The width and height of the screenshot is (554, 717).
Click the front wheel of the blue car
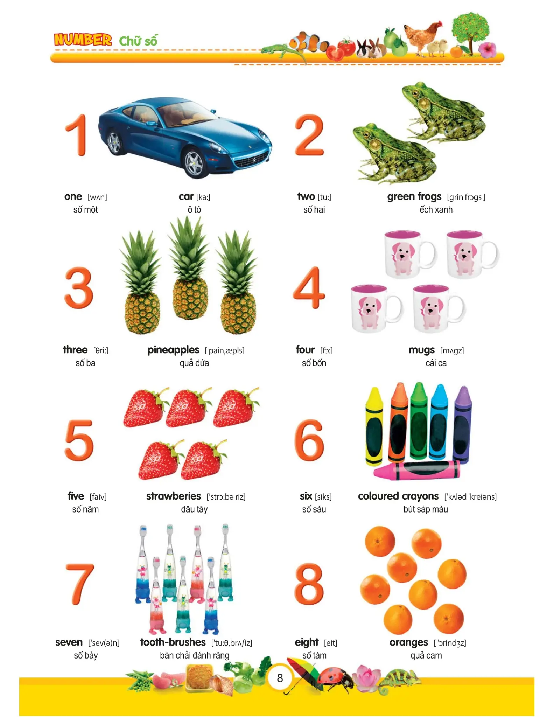pyautogui.click(x=194, y=163)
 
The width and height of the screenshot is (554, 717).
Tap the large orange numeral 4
pyautogui.click(x=309, y=288)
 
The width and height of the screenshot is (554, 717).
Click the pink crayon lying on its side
pyautogui.click(x=417, y=471)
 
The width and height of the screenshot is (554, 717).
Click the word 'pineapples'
pyautogui.click(x=173, y=350)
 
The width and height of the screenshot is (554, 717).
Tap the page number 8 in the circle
pyautogui.click(x=280, y=678)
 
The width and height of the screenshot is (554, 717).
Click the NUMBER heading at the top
pyautogui.click(x=83, y=40)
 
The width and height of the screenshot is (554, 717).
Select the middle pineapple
pyautogui.click(x=189, y=268)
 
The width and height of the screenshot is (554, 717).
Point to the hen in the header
pyautogui.click(x=423, y=36)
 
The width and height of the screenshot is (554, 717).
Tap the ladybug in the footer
pyautogui.click(x=337, y=678)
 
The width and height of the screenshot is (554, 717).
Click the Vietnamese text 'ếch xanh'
pyautogui.click(x=436, y=209)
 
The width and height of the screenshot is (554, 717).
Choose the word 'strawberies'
pyautogui.click(x=174, y=496)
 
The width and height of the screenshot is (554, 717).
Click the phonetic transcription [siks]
pyautogui.click(x=323, y=497)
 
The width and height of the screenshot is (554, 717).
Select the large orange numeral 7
pyautogui.click(x=80, y=584)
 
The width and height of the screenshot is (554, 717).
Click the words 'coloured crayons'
pyautogui.click(x=398, y=496)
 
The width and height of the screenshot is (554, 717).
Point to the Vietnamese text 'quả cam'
pyautogui.click(x=426, y=655)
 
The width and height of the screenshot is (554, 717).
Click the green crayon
pyautogui.click(x=419, y=420)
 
